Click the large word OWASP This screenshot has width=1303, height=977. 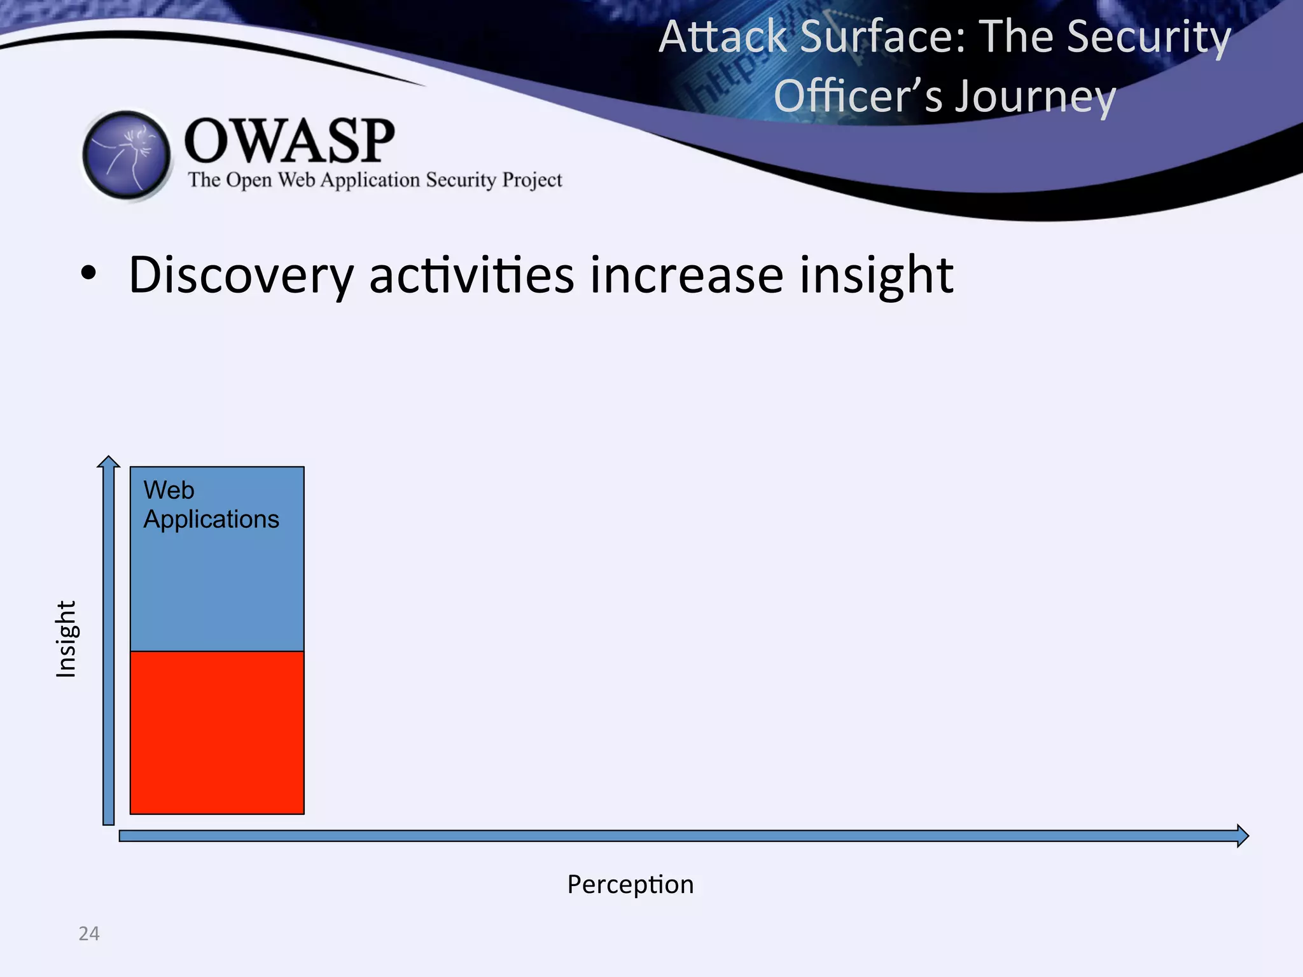tap(289, 141)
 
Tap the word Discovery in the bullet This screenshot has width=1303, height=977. tap(240, 275)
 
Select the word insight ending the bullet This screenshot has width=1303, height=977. tap(876, 275)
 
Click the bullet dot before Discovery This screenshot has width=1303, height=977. tap(88, 274)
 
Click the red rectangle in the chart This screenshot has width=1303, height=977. tap(217, 732)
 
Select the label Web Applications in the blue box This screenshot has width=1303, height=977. tap(211, 504)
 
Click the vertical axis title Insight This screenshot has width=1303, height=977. tap(66, 639)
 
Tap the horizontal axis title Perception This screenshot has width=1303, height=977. tap(630, 884)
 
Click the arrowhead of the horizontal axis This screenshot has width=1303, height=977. tap(1243, 835)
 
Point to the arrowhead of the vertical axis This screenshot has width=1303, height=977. tap(109, 461)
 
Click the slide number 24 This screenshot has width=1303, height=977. tap(89, 933)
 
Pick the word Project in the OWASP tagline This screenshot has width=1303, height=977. tap(532, 180)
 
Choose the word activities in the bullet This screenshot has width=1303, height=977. tap(471, 275)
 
